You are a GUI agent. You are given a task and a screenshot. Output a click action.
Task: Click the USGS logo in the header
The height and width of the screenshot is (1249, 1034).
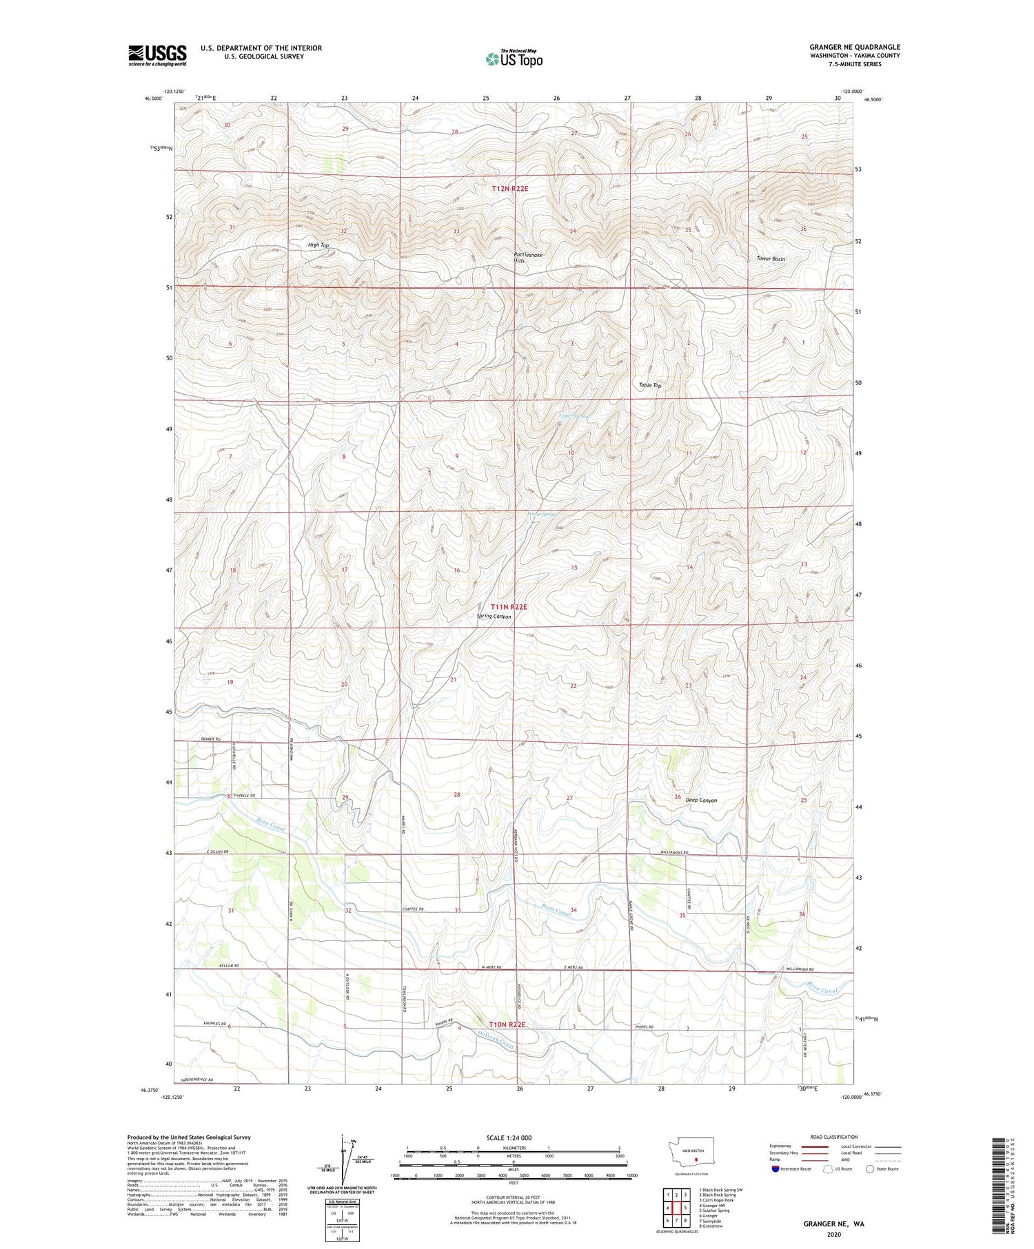click(x=157, y=55)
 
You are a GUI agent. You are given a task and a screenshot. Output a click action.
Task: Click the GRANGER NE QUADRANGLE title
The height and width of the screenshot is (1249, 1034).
click(x=855, y=48)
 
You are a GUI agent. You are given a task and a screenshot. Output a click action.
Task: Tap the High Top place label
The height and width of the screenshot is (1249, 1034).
click(x=318, y=245)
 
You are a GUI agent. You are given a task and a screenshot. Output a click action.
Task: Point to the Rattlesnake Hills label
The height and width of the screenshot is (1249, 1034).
click(x=528, y=258)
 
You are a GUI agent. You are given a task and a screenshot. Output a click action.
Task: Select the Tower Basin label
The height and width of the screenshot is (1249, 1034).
click(x=771, y=259)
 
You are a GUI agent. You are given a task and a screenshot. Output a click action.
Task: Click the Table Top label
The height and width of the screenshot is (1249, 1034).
click(x=650, y=385)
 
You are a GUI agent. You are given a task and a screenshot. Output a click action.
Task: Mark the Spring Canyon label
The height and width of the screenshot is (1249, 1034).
click(x=494, y=617)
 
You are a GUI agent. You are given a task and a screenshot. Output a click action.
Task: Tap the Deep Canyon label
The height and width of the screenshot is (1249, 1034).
click(x=701, y=801)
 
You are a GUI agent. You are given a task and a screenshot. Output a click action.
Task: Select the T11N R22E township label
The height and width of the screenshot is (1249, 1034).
click(x=509, y=607)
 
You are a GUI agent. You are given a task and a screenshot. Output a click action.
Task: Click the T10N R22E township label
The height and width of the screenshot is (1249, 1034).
click(x=507, y=1025)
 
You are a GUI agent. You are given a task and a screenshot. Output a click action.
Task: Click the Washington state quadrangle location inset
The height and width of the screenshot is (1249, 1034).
click(x=692, y=1159)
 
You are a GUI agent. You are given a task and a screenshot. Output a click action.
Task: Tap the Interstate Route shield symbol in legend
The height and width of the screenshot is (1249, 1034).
click(x=775, y=1169)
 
